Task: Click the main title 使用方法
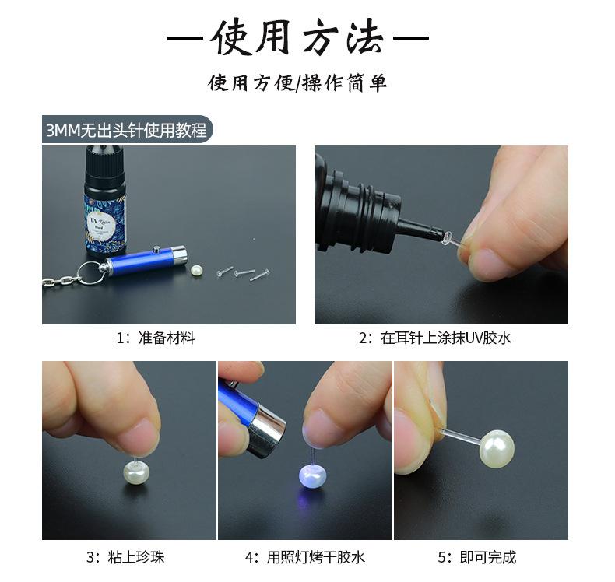point(297,37)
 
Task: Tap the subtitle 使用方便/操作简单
point(297,82)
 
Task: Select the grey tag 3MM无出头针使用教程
point(127,129)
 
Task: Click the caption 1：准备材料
point(156,338)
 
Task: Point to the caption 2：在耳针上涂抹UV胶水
point(435,338)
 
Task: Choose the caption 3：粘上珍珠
point(125,557)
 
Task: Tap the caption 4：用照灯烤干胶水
point(304,557)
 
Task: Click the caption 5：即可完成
point(477,557)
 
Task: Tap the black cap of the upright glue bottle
point(106,169)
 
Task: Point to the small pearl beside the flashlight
point(196,271)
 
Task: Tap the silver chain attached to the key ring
point(61,281)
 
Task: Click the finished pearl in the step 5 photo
point(497,449)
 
